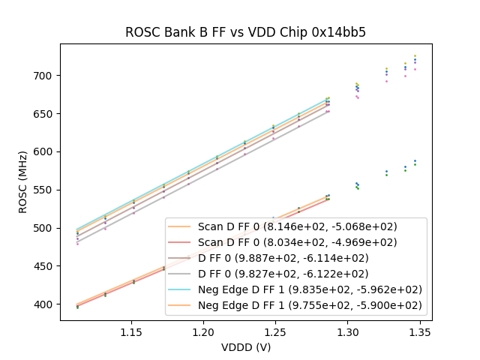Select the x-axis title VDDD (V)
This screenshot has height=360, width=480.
click(x=246, y=347)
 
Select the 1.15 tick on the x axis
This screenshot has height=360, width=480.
click(x=131, y=331)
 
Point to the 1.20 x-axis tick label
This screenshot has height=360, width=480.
click(x=203, y=331)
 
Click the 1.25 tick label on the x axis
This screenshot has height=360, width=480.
click(x=275, y=331)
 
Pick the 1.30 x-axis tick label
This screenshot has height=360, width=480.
click(x=347, y=331)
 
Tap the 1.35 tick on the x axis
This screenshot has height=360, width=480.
click(x=419, y=331)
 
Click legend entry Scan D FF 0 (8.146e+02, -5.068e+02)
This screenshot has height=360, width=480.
click(x=297, y=226)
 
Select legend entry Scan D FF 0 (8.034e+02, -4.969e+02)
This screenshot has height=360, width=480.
click(x=297, y=242)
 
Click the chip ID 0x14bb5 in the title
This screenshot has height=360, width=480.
click(x=340, y=32)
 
